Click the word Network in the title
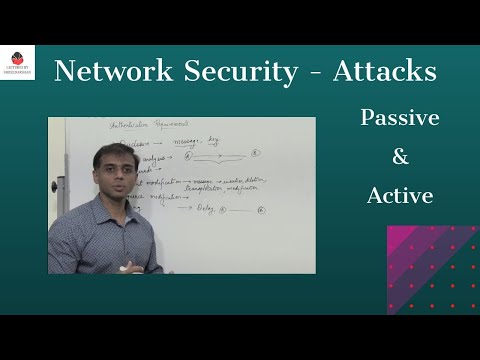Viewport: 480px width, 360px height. coord(104,72)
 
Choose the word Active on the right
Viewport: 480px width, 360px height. coord(398,195)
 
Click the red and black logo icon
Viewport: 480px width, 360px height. coord(17,58)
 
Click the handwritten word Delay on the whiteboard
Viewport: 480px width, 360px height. coord(205,210)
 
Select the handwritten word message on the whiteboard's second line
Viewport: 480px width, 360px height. coord(195,141)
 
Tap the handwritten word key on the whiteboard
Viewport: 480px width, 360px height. coord(237,140)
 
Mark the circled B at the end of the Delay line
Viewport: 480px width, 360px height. coord(262,210)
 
